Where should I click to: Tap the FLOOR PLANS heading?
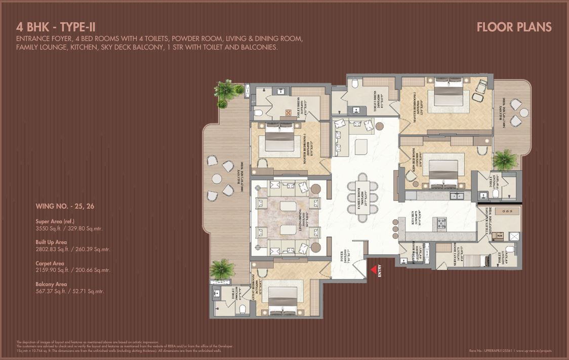(x=514, y=27)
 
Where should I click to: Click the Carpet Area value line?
(x=72, y=270)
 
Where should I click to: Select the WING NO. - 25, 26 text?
(x=64, y=206)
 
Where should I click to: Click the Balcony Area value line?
(x=70, y=291)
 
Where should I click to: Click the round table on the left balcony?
(x=217, y=178)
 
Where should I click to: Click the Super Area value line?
(x=69, y=228)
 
